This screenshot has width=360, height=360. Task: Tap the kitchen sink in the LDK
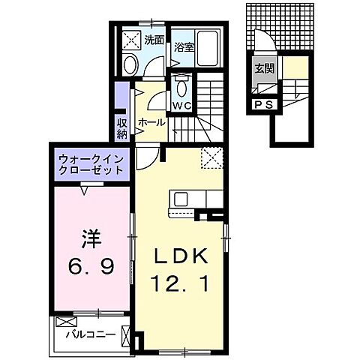[x=182, y=199]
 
